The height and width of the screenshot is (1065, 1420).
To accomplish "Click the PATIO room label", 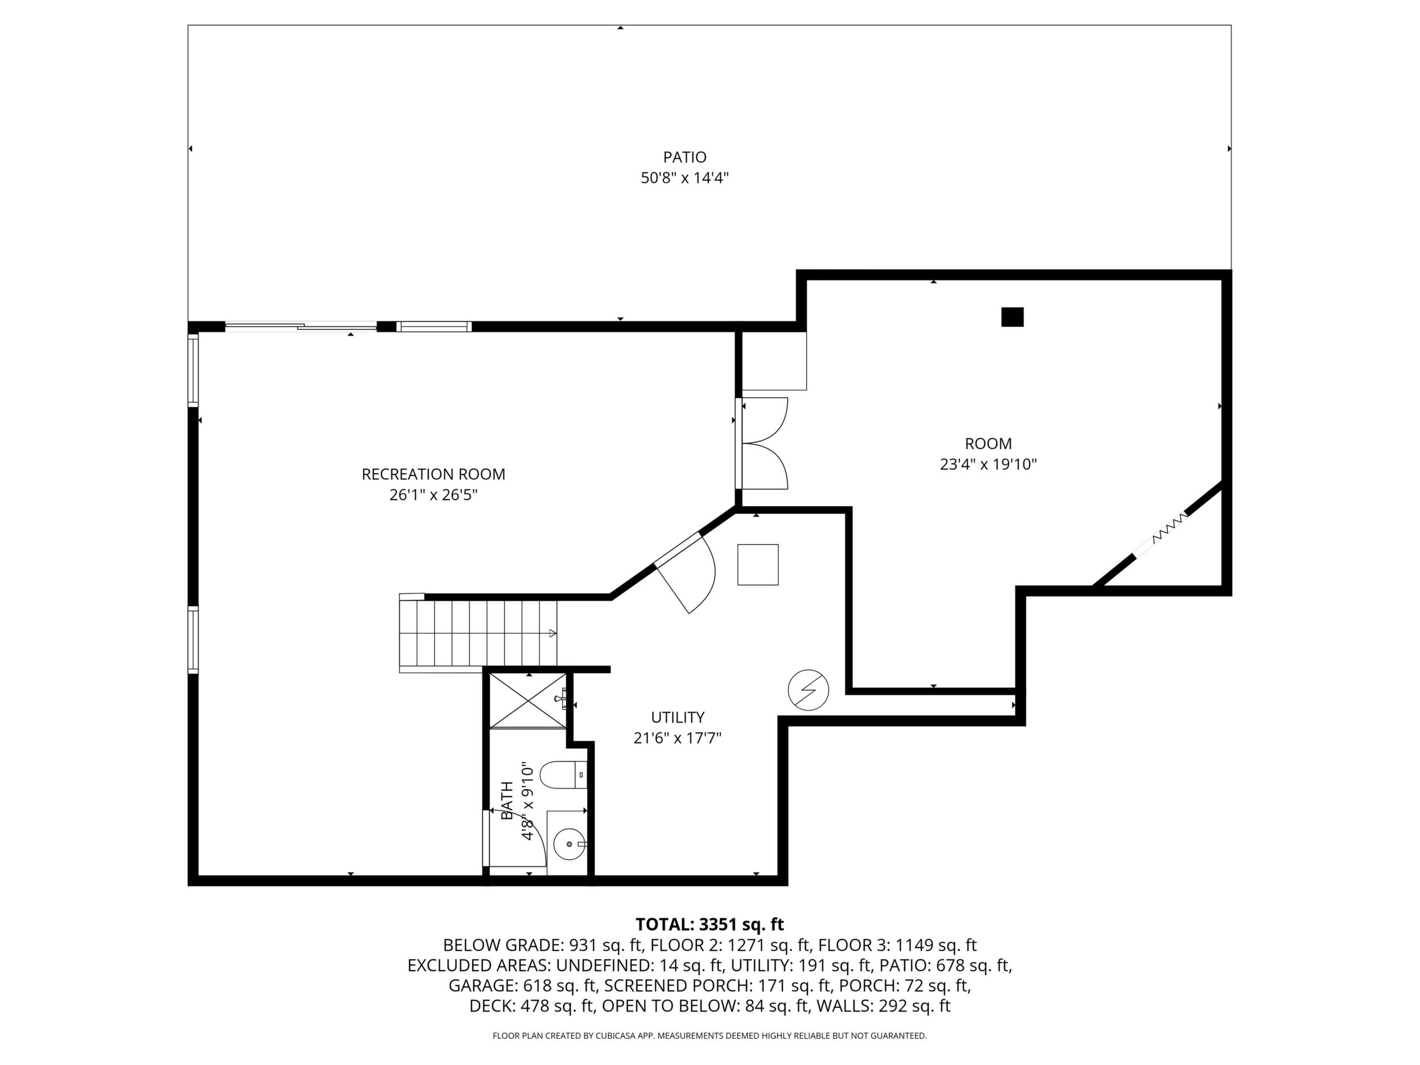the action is pos(684,157).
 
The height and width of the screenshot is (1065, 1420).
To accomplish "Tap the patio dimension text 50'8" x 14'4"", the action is pos(684,178).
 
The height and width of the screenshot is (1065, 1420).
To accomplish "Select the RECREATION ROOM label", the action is pos(434,474).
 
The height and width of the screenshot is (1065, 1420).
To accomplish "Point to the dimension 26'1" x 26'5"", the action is pos(434,495).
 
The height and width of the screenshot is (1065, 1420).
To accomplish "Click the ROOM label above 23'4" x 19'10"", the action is pos(988,444).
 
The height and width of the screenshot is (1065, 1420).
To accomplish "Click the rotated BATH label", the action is pos(507,800).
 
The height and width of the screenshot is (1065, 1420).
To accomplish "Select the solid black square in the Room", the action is pos(1012,317).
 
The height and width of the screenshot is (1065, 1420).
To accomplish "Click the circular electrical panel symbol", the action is pos(808,690).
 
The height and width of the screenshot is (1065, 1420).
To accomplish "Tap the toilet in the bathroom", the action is pos(563,775).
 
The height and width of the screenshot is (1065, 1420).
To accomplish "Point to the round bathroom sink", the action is pos(569,844).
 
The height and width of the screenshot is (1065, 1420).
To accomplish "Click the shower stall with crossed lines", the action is pos(529,700).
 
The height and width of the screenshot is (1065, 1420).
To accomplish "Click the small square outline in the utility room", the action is pos(758,565).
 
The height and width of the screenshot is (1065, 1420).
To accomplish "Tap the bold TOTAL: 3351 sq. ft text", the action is pos(709,924).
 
